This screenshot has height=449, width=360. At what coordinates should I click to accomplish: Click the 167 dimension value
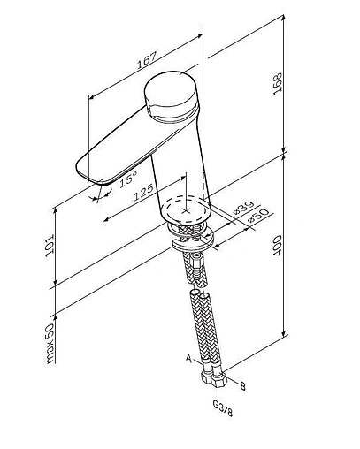[x=147, y=60]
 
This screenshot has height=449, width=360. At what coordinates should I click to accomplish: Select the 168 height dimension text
[x=278, y=84]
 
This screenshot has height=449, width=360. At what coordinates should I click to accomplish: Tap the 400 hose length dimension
[x=277, y=245]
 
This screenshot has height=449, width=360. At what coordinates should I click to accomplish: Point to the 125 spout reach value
[x=143, y=193]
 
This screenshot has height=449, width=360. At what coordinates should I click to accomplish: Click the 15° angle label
[x=128, y=179]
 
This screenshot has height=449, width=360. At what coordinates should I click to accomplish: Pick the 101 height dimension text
[x=50, y=246]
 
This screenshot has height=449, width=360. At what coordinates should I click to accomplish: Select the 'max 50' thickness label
[x=50, y=344]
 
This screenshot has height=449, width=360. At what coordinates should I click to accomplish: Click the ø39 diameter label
[x=243, y=208]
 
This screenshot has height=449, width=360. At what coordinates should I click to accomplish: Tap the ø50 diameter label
[x=258, y=216]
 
